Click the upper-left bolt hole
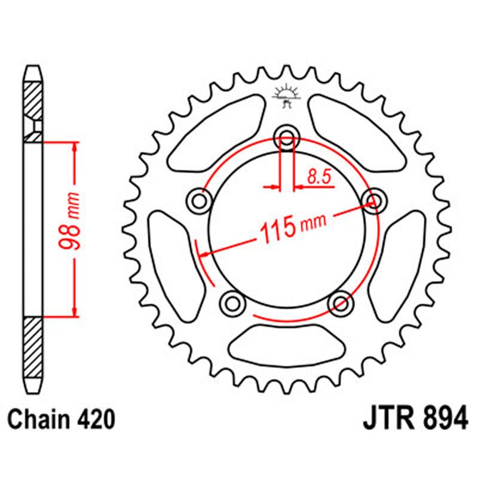pyautogui.click(x=199, y=201)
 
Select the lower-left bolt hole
pyautogui.click(x=232, y=304)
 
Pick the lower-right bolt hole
pyautogui.click(x=341, y=304)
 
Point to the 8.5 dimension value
pyautogui.click(x=318, y=176)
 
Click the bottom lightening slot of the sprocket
pyautogui.click(x=287, y=343)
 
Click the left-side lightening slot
pyautogui.click(x=173, y=263)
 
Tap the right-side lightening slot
pyautogui.click(x=401, y=263)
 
